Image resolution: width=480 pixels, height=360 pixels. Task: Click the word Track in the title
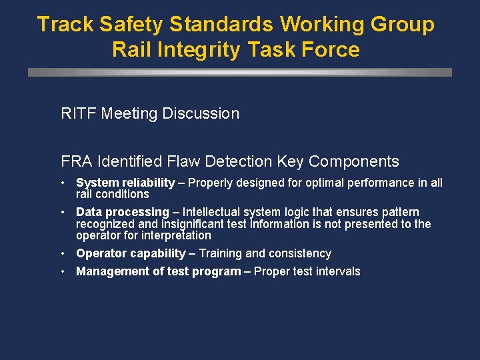[65, 25]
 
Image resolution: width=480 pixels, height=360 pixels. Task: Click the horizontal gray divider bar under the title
[240, 72]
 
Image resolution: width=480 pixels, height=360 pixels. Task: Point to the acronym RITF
[79, 113]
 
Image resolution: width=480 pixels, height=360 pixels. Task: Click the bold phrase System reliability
[125, 183]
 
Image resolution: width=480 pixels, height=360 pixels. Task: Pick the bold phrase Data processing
[123, 212]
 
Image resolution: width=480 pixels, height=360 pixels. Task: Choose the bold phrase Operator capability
[131, 253]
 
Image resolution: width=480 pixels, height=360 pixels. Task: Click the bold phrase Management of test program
[158, 271]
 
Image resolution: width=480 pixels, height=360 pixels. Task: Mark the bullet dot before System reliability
[61, 183]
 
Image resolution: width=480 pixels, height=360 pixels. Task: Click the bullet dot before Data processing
[61, 212]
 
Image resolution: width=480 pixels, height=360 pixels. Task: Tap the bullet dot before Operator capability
[61, 253]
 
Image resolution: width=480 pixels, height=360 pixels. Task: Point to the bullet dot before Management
[61, 271]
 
